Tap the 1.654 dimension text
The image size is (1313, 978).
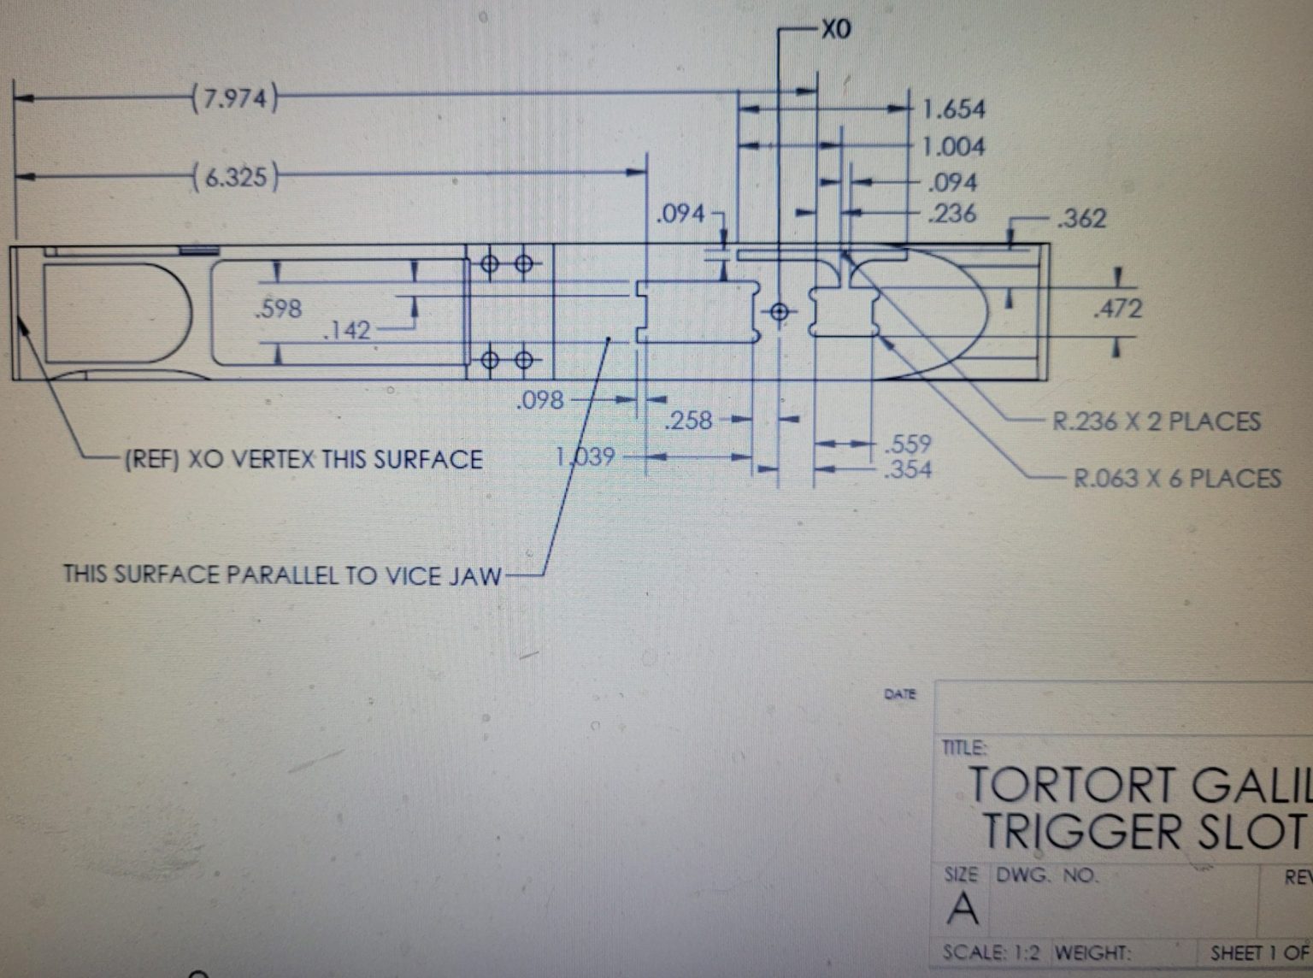pyautogui.click(x=953, y=109)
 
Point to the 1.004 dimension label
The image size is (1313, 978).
pyautogui.click(x=953, y=146)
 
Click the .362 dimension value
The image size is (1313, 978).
pyautogui.click(x=1081, y=219)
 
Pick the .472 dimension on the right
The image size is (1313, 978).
pyautogui.click(x=1117, y=309)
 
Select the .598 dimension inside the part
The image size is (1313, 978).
pyautogui.click(x=279, y=308)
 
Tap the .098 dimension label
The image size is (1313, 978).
pyautogui.click(x=540, y=399)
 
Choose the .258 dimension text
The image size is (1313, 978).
pyautogui.click(x=688, y=420)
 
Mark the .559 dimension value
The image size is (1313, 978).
pyautogui.click(x=909, y=445)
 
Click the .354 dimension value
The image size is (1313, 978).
pyautogui.click(x=909, y=468)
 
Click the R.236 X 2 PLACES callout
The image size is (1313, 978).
pyautogui.click(x=1156, y=421)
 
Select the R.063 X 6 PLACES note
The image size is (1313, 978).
pyautogui.click(x=1177, y=478)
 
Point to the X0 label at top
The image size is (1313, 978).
pyautogui.click(x=835, y=30)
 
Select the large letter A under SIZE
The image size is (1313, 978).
pyautogui.click(x=963, y=908)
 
